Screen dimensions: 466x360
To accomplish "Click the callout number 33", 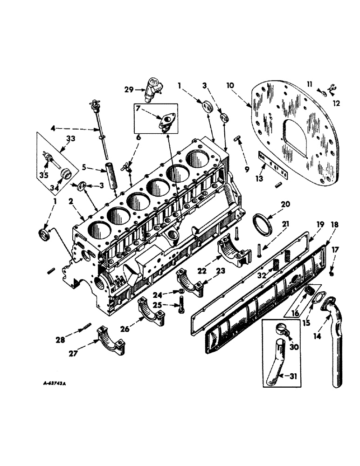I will coord(71,138).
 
